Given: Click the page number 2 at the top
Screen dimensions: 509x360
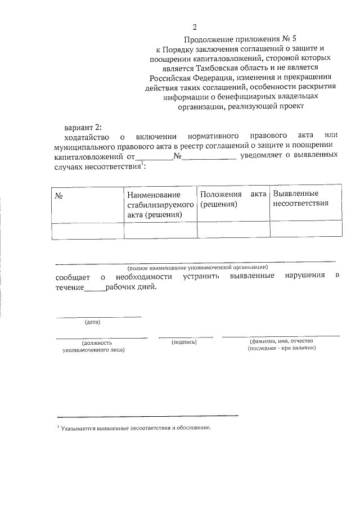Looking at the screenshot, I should [x=195, y=27].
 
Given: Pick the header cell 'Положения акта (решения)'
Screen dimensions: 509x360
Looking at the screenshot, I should [x=233, y=199].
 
